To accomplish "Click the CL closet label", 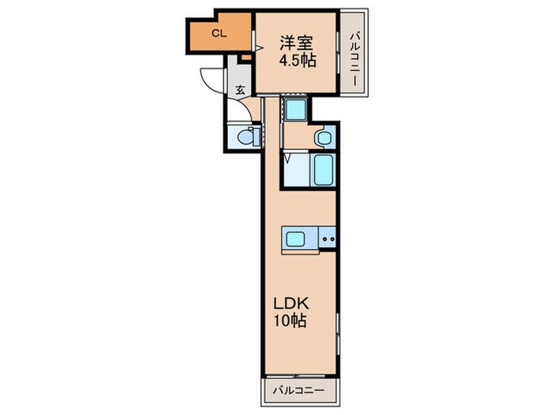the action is (218, 33).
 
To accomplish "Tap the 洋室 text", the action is (297, 43).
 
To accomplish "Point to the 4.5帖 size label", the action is (298, 60).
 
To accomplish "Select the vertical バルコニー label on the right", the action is (355, 59).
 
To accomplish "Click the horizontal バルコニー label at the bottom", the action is (298, 390).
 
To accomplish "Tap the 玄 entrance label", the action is (241, 90).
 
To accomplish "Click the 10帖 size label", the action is (290, 320).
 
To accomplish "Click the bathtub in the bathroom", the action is (323, 171).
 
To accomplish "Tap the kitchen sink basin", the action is (295, 239).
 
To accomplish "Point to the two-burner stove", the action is (328, 239).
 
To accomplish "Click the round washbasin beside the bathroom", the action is (324, 138).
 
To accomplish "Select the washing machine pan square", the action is (296, 109).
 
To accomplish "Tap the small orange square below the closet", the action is (246, 58).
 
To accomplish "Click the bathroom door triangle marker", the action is (286, 158).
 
